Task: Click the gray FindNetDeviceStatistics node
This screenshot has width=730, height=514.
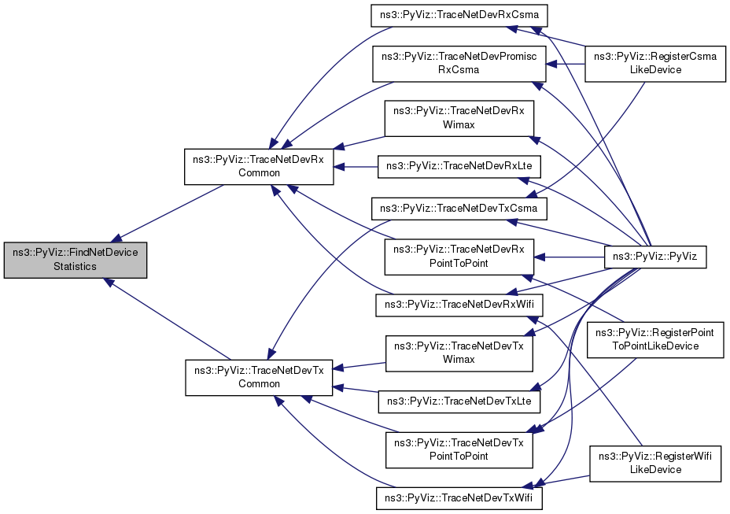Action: (76, 260)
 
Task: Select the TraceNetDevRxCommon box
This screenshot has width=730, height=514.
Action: (259, 166)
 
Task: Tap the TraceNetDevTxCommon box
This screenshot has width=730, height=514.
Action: (259, 376)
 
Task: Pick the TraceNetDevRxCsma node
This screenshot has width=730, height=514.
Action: (459, 16)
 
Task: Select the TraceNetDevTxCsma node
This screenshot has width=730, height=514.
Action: (459, 209)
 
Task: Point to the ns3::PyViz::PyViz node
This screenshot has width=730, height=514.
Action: (655, 256)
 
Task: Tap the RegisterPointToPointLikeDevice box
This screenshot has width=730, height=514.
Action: (655, 340)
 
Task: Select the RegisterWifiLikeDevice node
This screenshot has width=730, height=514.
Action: (655, 463)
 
